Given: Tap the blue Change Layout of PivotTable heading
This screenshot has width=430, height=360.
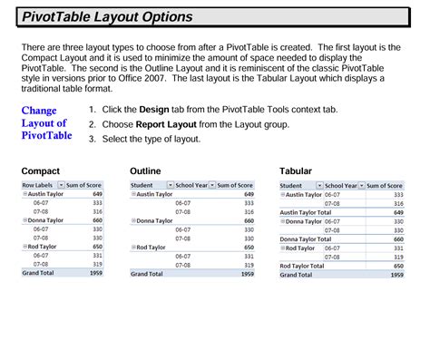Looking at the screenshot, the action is click(x=46, y=122).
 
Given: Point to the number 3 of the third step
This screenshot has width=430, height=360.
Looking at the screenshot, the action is click(x=93, y=139).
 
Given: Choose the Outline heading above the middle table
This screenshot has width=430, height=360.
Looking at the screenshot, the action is click(x=146, y=170).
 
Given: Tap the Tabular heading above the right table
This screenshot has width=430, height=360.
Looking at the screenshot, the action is click(x=298, y=170).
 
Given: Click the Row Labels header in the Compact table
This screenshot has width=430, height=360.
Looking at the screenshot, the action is click(x=37, y=185).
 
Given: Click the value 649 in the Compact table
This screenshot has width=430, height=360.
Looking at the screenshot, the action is click(x=98, y=193).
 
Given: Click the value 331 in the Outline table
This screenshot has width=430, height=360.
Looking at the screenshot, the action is click(x=248, y=255).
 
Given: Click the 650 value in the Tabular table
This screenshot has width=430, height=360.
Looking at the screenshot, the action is click(x=398, y=265).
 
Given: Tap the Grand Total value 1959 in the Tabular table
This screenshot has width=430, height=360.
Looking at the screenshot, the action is click(x=396, y=274).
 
